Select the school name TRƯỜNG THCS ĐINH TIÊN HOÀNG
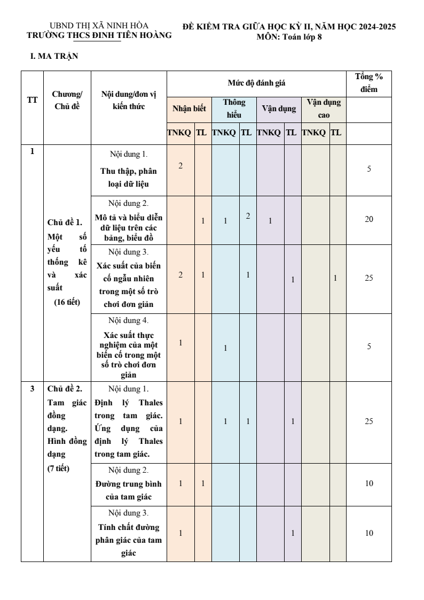click(99, 35)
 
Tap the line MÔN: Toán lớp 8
click(289, 36)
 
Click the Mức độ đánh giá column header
click(256, 83)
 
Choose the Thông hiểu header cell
click(234, 109)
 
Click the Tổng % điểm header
click(368, 83)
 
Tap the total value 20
click(368, 219)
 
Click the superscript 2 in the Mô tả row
click(248, 216)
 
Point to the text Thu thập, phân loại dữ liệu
click(129, 178)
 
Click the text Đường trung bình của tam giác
click(129, 490)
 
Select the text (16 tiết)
click(67, 302)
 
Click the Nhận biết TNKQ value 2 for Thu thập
click(180, 166)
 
